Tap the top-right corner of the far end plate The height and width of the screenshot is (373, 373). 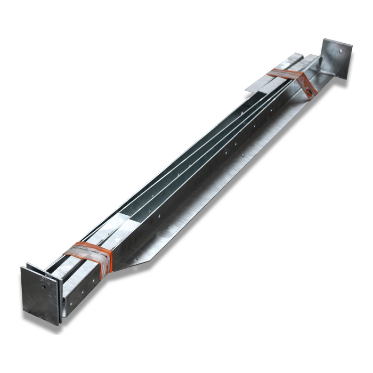click(352, 47)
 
